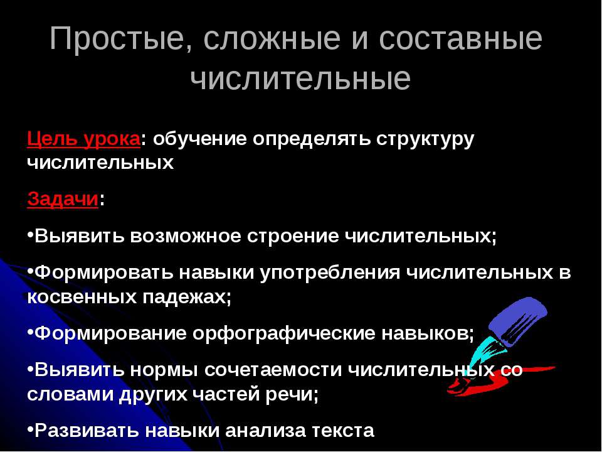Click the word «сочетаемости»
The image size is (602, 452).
[274, 369]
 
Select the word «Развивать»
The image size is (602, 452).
[87, 431]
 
